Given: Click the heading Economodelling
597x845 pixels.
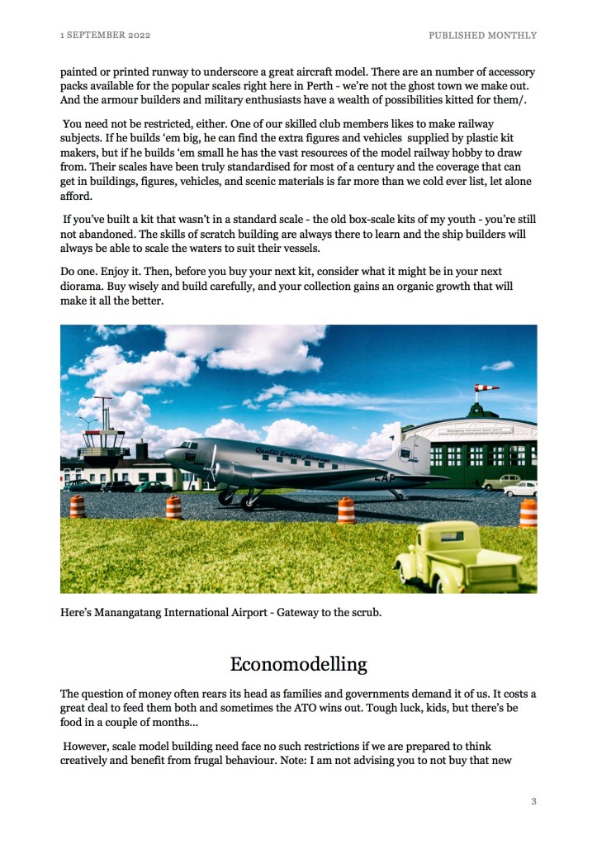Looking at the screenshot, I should [298, 665].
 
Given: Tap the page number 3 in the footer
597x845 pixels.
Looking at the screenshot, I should [533, 800].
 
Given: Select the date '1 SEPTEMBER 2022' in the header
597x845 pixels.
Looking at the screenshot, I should [105, 36].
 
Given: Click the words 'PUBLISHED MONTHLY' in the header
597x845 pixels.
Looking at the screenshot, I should [482, 36].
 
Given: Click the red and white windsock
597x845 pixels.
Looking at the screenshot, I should [486, 388].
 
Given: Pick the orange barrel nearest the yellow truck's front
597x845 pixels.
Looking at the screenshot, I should [346, 510].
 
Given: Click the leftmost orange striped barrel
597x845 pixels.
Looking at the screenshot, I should [77, 506].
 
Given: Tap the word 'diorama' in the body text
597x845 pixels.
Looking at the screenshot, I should [81, 286].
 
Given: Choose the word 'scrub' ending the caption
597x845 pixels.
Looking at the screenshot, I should [364, 613].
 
